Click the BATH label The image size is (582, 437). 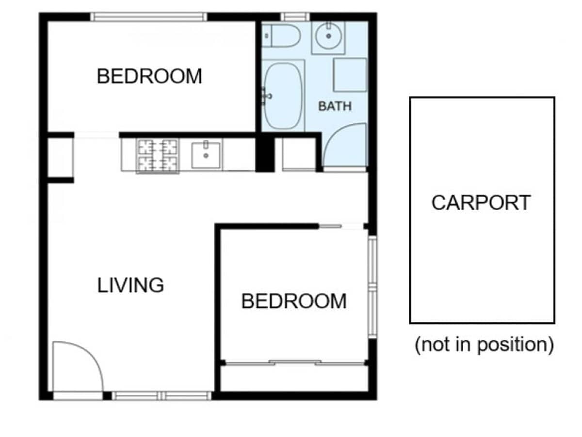[x=335, y=106]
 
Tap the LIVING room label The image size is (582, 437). [x=130, y=285]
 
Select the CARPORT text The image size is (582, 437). [x=481, y=203]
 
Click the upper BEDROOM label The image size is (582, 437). [x=149, y=77]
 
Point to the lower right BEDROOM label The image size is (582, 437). [x=294, y=302]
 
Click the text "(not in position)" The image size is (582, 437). [x=484, y=345]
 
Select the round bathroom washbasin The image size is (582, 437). [x=329, y=36]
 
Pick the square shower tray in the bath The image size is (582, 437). [x=350, y=75]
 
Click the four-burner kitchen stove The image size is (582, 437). [x=157, y=155]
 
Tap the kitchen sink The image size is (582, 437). [x=206, y=155]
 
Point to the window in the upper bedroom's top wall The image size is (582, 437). [x=148, y=17]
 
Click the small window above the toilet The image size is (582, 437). [x=295, y=17]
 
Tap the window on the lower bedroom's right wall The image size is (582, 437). [x=372, y=286]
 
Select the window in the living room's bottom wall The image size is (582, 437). [x=162, y=396]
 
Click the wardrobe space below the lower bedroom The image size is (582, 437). [x=294, y=378]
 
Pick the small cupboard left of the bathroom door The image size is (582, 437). [x=297, y=154]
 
